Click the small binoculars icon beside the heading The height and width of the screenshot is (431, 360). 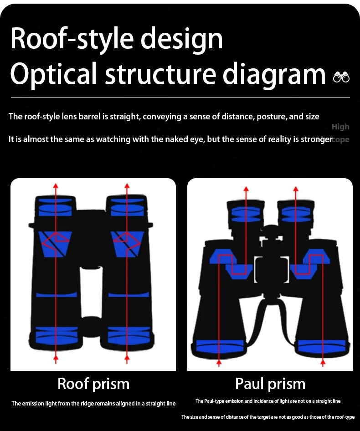click(x=341, y=77)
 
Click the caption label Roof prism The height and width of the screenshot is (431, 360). click(x=93, y=384)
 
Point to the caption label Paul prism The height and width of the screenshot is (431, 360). click(x=270, y=384)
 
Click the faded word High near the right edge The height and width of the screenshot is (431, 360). click(x=340, y=127)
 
